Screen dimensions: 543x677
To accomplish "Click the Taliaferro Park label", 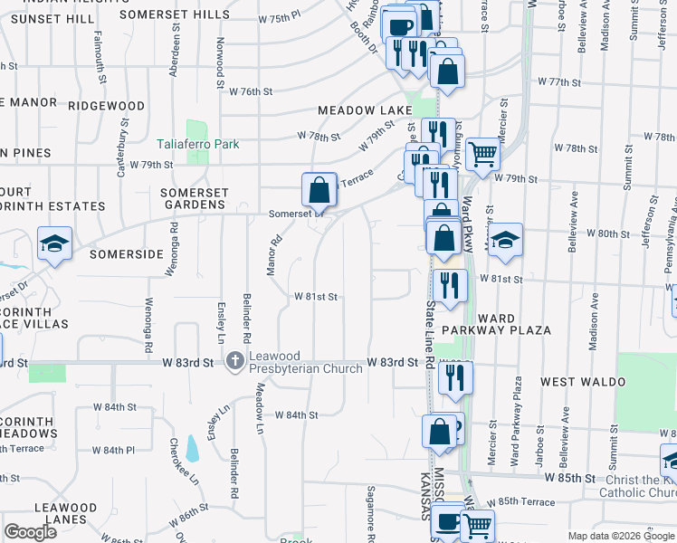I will (196, 144).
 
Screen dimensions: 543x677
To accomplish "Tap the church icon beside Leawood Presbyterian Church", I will (235, 362).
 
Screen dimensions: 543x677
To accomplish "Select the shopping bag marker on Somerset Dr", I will (319, 191).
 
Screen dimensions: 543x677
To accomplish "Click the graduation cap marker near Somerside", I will (54, 244).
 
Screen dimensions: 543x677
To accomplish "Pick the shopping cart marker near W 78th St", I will (484, 155).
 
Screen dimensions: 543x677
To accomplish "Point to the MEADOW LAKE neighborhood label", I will (358, 110).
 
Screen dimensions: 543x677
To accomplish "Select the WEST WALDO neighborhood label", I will (583, 383).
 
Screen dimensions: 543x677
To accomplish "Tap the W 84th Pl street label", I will (119, 450).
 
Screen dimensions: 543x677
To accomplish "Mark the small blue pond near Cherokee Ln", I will (191, 448).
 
